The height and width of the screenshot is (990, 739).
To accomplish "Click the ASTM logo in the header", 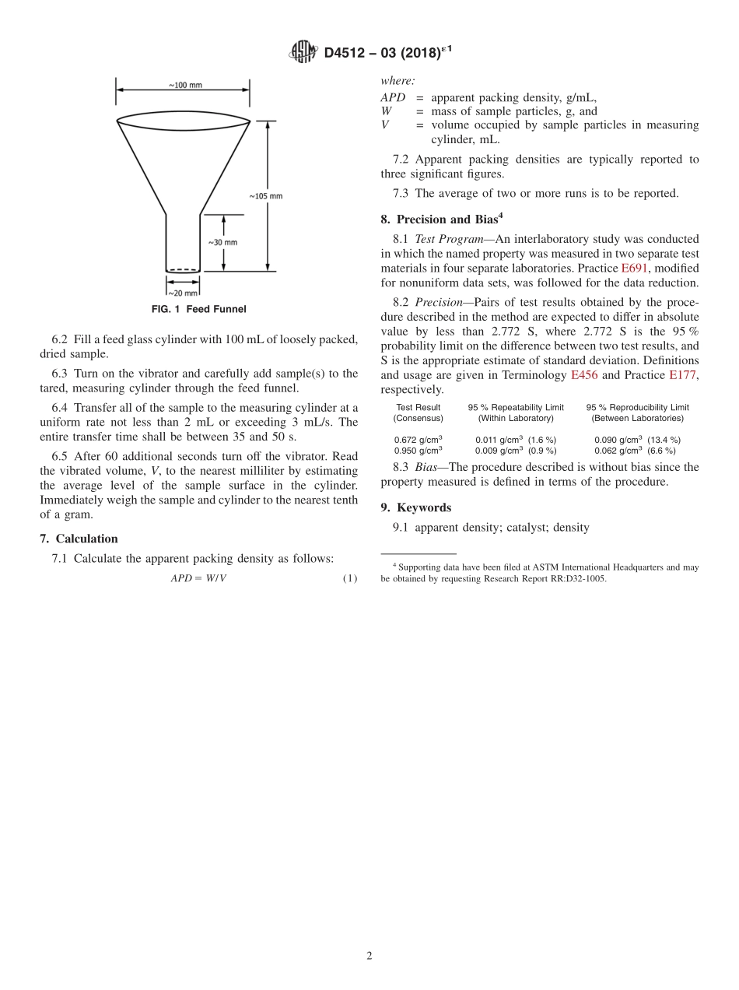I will point(303,52).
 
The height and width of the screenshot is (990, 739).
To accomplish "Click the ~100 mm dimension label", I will point(184,85).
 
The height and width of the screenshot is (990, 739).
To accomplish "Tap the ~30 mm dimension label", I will point(222,242).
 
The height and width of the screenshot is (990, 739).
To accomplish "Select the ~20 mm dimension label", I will point(183,293).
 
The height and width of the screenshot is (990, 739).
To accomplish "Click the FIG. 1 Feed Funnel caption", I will point(198,309).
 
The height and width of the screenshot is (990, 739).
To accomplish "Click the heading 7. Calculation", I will point(79,539).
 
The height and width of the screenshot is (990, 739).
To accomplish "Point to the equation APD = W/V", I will point(198,578).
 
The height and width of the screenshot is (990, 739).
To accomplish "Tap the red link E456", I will point(584,375).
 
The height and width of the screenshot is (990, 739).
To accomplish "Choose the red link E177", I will point(684,375).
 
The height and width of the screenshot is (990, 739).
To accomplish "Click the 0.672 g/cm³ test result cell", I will point(418,440).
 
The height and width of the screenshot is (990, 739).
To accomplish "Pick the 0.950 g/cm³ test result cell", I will point(418,450).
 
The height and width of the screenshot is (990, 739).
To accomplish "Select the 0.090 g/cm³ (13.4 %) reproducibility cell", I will point(637,440).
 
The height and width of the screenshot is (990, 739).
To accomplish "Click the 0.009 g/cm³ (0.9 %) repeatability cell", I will point(515,450).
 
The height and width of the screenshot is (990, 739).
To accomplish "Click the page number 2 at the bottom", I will point(369,957).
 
